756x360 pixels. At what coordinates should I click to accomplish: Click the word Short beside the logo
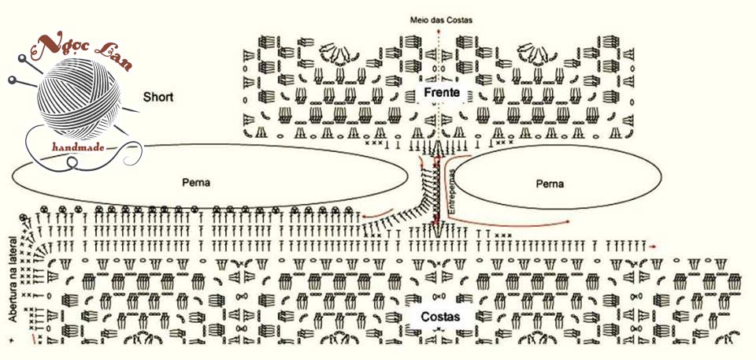coord(158,98)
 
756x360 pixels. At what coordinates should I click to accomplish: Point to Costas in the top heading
coord(458,20)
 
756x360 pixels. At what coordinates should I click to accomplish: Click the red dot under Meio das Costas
coord(438,35)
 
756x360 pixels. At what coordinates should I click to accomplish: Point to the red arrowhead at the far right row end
coord(653,246)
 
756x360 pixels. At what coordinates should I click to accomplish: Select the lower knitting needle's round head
coord(12,80)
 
